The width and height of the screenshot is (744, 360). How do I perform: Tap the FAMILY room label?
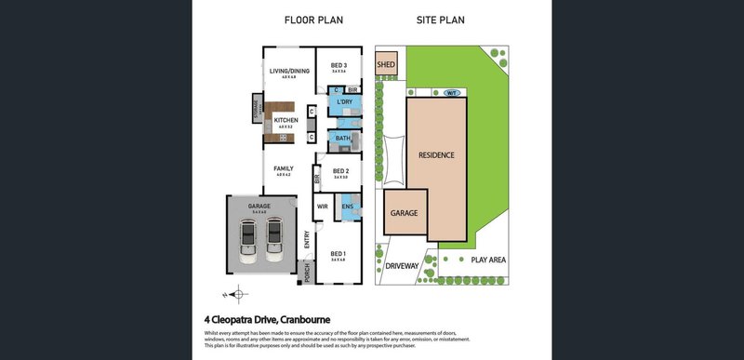(x=283, y=169)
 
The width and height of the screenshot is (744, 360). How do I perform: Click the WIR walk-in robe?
(x=323, y=207)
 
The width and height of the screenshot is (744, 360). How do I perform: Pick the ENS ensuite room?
(x=347, y=207)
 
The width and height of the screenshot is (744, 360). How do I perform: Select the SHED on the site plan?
(x=386, y=64)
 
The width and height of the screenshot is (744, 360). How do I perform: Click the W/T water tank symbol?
(x=451, y=94)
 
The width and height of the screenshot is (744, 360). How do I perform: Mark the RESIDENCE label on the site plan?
(x=435, y=154)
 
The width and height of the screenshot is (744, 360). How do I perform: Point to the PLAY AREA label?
(x=487, y=260)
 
